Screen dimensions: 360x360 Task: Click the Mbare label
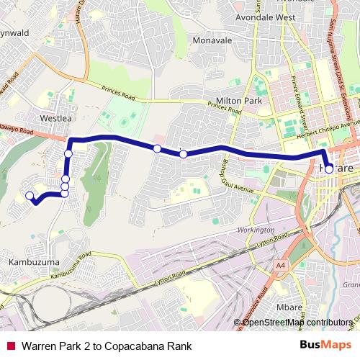pyautogui.click(x=289, y=307)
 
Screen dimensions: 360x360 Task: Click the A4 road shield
pyautogui.click(x=280, y=266)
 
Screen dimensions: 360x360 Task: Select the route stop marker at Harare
pyautogui.click(x=329, y=169)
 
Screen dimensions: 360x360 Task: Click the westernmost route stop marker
pyautogui.click(x=30, y=195)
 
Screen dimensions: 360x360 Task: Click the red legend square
pyautogui.click(x=11, y=346)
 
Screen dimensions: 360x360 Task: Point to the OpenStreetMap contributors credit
pyautogui.click(x=297, y=322)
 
